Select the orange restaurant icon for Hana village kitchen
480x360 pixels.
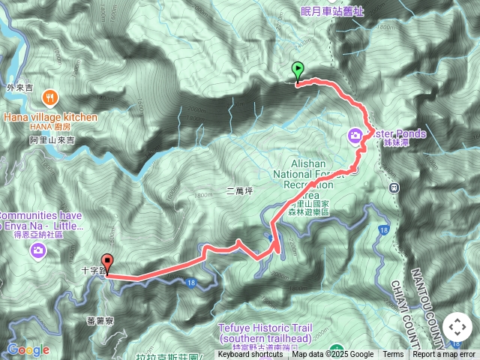[x=50, y=97]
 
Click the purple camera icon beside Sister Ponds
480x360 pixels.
[x=355, y=136]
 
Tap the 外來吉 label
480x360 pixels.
[x=20, y=87]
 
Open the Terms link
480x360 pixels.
[x=393, y=355]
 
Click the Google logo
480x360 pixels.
[x=28, y=350]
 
